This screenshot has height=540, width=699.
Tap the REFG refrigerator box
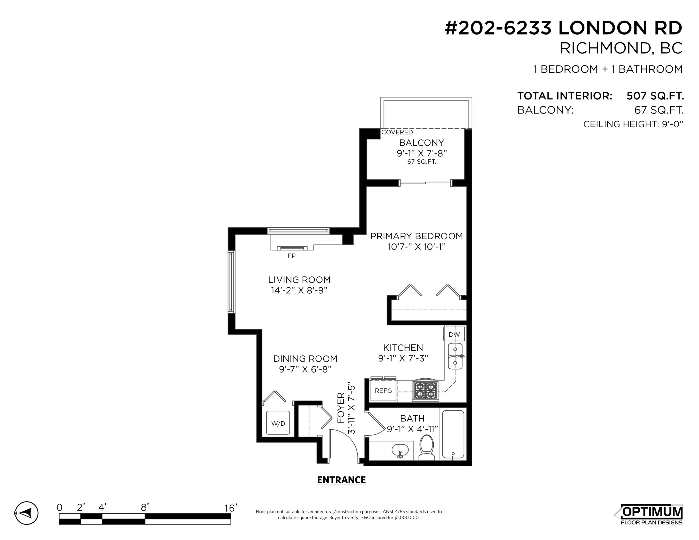[383, 391]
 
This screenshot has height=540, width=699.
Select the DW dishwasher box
[454, 334]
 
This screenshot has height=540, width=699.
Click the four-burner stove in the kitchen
[425, 391]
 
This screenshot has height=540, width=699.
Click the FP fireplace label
[291, 256]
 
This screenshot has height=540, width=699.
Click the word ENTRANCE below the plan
[341, 480]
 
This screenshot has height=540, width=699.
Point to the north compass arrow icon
[27, 513]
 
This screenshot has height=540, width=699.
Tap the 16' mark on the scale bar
[230, 508]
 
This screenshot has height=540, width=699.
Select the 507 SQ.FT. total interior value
[655, 96]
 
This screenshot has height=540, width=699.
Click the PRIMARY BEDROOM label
[416, 236]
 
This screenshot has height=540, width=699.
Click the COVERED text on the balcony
[397, 132]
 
